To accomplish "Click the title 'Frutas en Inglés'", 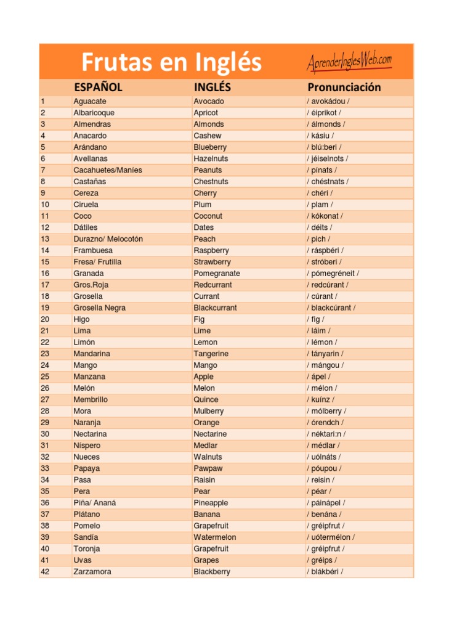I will (172, 62).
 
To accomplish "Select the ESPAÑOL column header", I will (98, 87).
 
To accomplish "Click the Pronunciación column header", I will (344, 87).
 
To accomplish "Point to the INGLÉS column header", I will (212, 87).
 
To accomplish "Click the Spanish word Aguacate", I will (90, 101).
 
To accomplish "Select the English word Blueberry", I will (210, 147).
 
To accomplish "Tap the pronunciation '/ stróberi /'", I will (325, 262).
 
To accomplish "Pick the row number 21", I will (44, 331).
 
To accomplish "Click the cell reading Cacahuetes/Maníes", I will (108, 170).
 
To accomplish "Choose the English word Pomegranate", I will (217, 274).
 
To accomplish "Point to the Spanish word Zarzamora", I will (92, 572).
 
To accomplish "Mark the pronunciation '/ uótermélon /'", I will (331, 537).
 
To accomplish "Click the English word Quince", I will (206, 400).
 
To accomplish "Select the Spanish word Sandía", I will (86, 537).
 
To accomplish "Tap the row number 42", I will (44, 572).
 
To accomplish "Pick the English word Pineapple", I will (211, 503).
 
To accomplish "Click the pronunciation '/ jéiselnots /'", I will (327, 158).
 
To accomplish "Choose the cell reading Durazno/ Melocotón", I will (108, 239).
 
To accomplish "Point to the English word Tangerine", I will (211, 354).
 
